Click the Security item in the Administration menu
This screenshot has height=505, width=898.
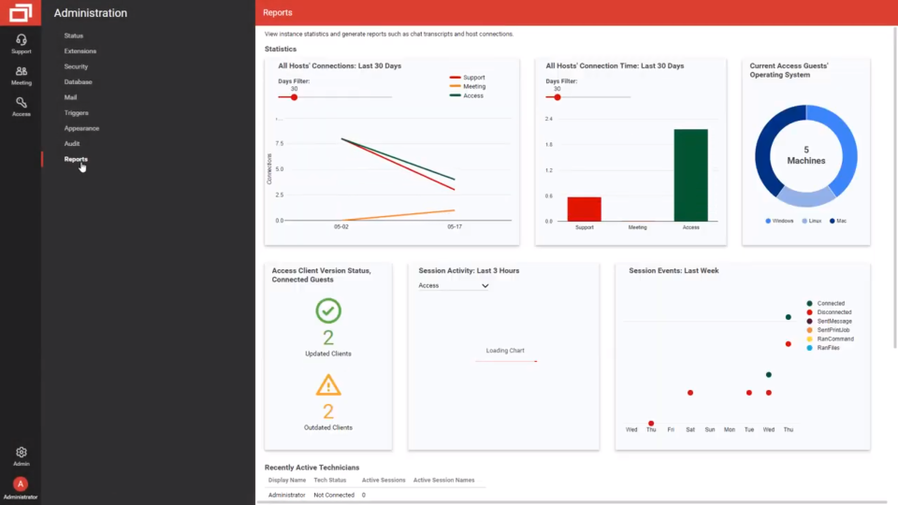click(76, 66)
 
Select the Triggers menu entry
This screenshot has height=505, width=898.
click(76, 112)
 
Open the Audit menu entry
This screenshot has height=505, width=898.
click(72, 143)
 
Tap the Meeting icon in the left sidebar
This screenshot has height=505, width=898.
click(22, 72)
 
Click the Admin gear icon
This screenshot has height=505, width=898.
click(22, 453)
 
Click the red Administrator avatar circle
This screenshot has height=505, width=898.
click(21, 483)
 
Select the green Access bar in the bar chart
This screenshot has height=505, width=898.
click(690, 175)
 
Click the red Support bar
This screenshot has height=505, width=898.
click(585, 209)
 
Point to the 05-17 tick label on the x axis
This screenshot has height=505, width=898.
click(455, 226)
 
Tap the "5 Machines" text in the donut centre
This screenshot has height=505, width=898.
click(806, 155)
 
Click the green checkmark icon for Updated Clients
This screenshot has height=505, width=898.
click(328, 310)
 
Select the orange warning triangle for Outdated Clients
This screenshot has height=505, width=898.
click(328, 384)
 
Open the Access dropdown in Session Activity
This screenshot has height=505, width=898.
click(454, 285)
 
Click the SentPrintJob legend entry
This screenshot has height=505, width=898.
click(833, 329)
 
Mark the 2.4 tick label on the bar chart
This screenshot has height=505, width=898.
click(549, 119)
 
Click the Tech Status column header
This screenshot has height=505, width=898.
click(331, 480)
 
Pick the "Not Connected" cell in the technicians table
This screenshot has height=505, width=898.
click(334, 495)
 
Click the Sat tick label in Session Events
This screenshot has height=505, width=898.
click(690, 429)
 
